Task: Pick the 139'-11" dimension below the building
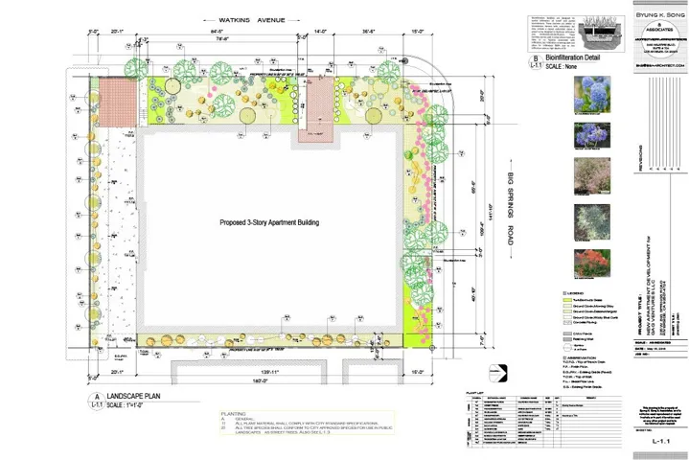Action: (x=255, y=371)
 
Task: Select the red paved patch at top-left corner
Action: (x=120, y=98)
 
